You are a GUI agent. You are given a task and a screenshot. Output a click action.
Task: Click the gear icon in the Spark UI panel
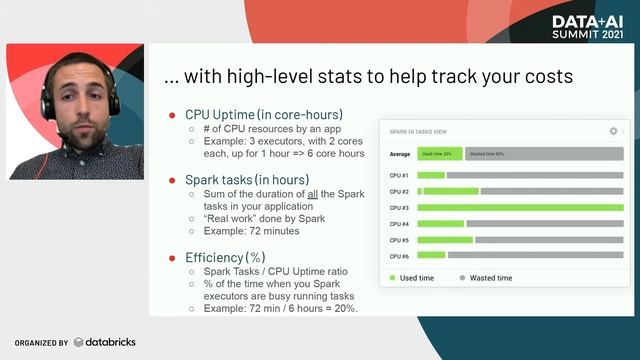click(x=613, y=131)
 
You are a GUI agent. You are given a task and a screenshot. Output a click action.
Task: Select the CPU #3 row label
click(x=399, y=208)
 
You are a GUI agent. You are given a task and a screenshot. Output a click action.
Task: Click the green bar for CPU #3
click(x=520, y=208)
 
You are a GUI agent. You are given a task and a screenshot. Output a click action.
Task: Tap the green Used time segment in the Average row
click(x=440, y=154)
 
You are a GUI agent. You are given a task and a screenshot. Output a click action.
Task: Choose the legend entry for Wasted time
click(x=486, y=278)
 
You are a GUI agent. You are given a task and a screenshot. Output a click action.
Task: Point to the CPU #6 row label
click(x=399, y=256)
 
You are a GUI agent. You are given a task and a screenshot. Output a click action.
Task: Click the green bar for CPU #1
click(x=431, y=175)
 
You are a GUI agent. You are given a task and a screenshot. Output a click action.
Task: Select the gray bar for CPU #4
click(x=544, y=224)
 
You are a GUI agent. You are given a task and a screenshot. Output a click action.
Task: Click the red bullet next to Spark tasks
click(x=172, y=180)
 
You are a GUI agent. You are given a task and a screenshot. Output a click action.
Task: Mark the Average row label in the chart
click(x=400, y=154)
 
